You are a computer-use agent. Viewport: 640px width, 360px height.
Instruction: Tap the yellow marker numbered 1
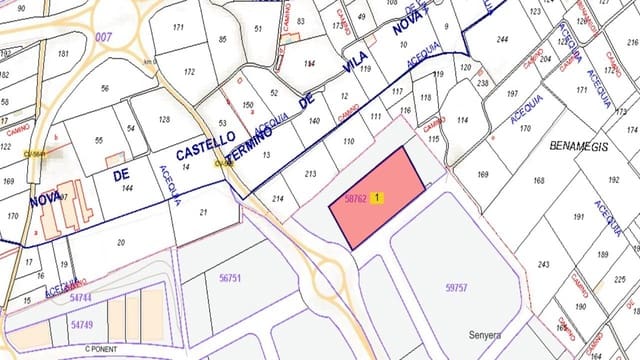[x=377, y=198]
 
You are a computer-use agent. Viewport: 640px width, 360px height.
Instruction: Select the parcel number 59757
[x=456, y=287]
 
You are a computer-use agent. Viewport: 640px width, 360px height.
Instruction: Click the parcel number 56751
[x=230, y=278]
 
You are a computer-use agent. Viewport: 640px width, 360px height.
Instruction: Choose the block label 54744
[x=81, y=298]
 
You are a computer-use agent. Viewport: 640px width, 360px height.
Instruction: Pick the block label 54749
[x=83, y=325]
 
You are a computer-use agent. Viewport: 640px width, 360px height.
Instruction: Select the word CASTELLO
[x=205, y=144]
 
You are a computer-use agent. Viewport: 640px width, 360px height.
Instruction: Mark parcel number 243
[x=543, y=264]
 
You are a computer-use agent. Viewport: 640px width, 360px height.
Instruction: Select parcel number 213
[x=310, y=174]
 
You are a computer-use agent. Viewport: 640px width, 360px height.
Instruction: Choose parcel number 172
[x=191, y=72]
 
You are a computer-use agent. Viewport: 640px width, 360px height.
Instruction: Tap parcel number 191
[x=578, y=216]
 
